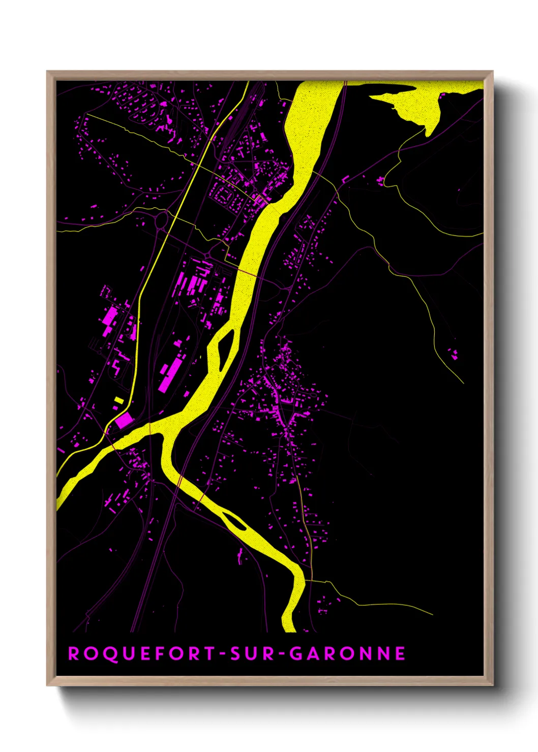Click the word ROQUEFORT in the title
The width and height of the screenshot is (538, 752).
pyautogui.click(x=141, y=653)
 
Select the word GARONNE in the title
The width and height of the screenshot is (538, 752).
pyautogui.click(x=348, y=653)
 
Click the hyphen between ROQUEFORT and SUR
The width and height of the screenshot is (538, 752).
pyautogui.click(x=223, y=654)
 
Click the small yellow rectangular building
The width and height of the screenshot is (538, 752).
pyautogui.click(x=118, y=400)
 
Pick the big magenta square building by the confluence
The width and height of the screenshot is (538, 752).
pyautogui.click(x=124, y=420)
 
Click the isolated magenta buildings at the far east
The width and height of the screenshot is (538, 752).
pyautogui.click(x=453, y=352)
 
